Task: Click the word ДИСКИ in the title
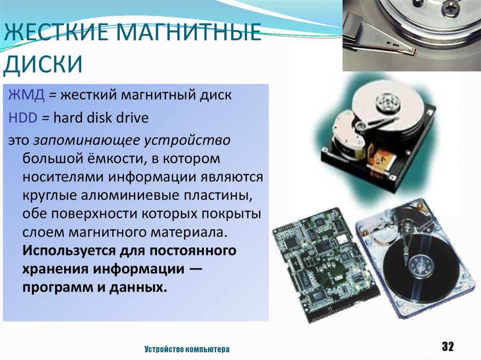[x=43, y=63]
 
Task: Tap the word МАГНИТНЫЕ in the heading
[x=189, y=31]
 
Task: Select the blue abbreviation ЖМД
[x=27, y=95]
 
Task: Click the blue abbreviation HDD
[x=23, y=118]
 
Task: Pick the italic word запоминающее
[x=86, y=140]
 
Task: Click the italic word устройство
[x=187, y=140]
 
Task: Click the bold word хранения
[x=55, y=269]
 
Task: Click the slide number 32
[x=448, y=346]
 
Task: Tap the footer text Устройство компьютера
[x=187, y=349]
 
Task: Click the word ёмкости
[x=107, y=159]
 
